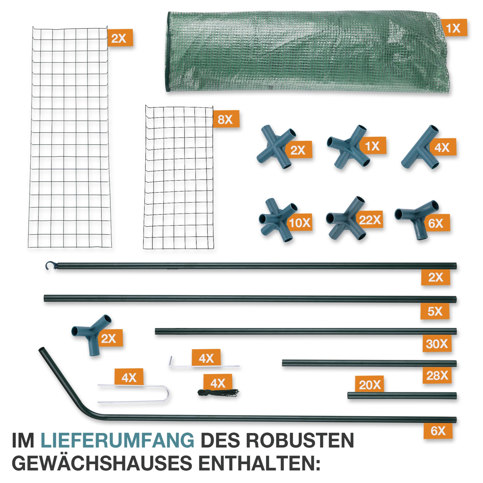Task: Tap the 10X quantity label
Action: coord(300,222)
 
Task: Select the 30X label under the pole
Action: coord(437,344)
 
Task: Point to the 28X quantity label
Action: coord(437,376)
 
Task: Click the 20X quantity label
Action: coord(370,385)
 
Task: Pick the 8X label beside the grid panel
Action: coord(225,119)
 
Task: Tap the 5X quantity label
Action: coord(435,311)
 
